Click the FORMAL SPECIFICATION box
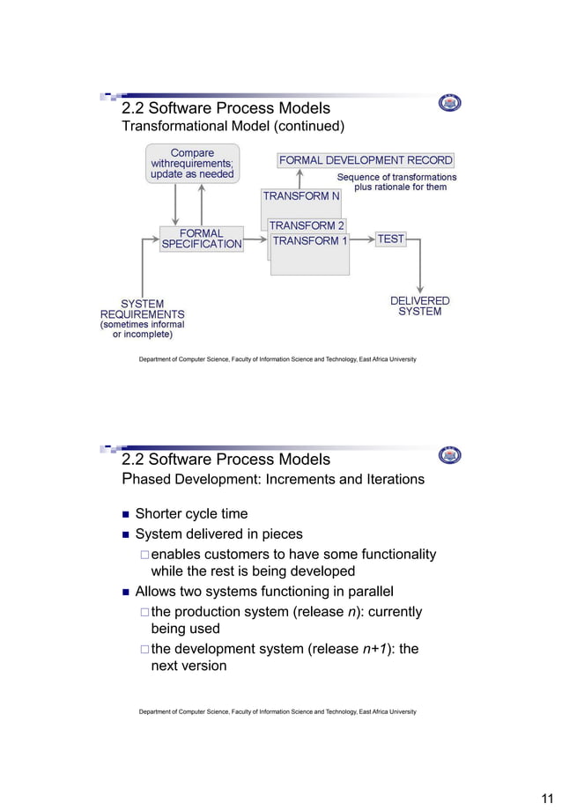click(x=201, y=239)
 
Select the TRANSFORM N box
click(x=301, y=195)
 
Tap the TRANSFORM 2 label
click(x=307, y=225)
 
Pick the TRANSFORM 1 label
click(x=310, y=240)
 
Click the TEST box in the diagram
click(x=390, y=239)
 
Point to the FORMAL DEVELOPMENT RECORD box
click(x=366, y=160)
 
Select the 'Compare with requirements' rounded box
click(x=192, y=164)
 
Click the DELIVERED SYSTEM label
click(x=419, y=306)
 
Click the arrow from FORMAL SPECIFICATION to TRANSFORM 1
click(x=255, y=239)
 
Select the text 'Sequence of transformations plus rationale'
click(x=397, y=182)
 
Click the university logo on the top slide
click(x=449, y=104)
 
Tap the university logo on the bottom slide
click(x=449, y=455)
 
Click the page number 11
click(x=545, y=798)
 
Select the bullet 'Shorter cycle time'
click(x=191, y=513)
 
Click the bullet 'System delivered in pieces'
click(x=218, y=534)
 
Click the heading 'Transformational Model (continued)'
click(x=233, y=127)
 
